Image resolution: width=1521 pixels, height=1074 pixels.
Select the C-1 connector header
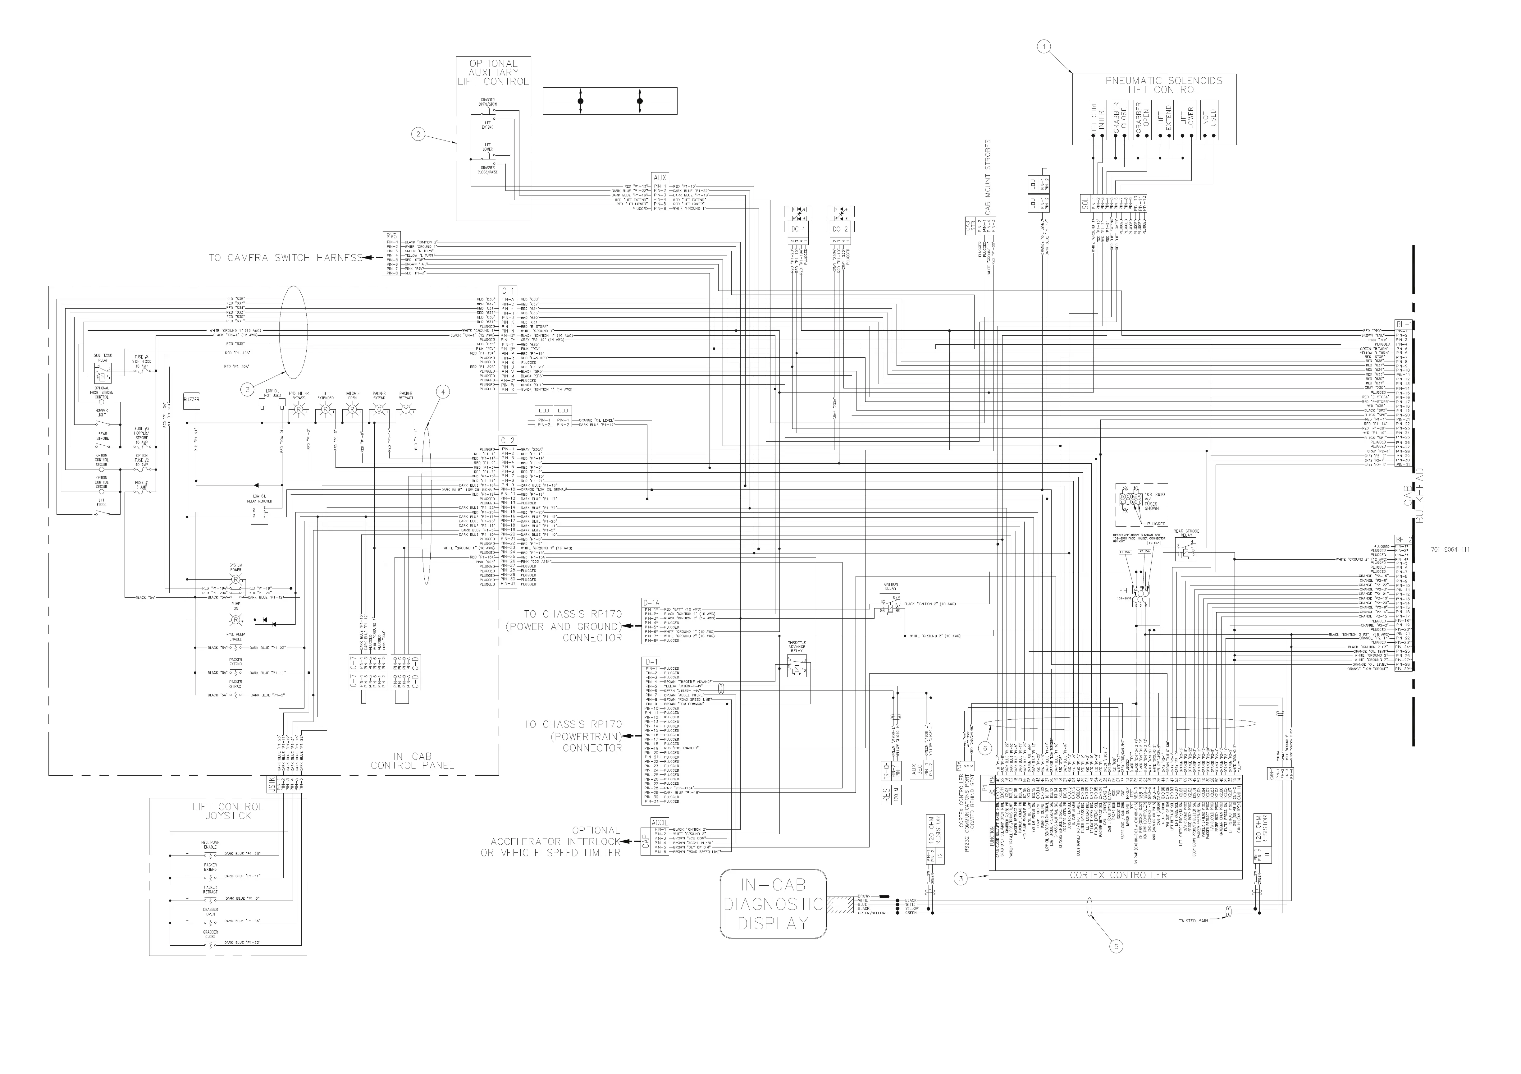point(507,291)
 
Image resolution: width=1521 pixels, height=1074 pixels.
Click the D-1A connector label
point(651,603)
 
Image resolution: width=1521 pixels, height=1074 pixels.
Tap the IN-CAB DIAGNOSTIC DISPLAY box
point(773,904)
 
